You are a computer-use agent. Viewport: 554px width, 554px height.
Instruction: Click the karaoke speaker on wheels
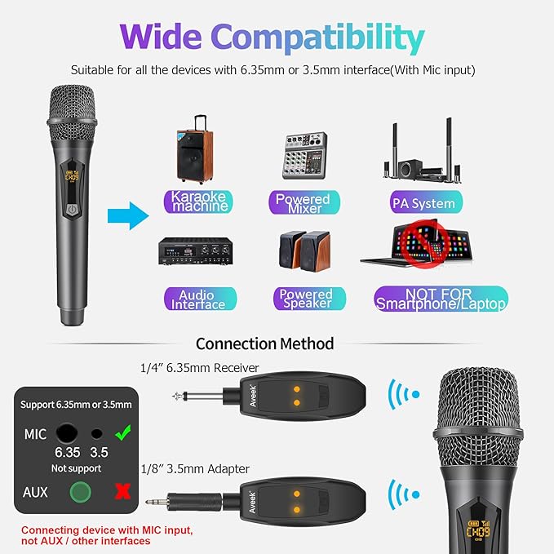click(x=197, y=148)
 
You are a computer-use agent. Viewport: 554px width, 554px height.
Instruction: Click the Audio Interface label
click(x=197, y=299)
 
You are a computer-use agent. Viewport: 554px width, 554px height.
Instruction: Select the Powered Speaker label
click(x=305, y=299)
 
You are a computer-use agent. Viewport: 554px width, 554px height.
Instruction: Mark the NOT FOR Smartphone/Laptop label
click(x=441, y=299)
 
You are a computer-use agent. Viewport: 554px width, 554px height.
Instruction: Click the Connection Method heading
click(x=264, y=343)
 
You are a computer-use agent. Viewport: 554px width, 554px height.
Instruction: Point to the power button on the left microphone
click(x=74, y=208)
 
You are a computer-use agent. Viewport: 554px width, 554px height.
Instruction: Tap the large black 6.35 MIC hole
click(x=65, y=433)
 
